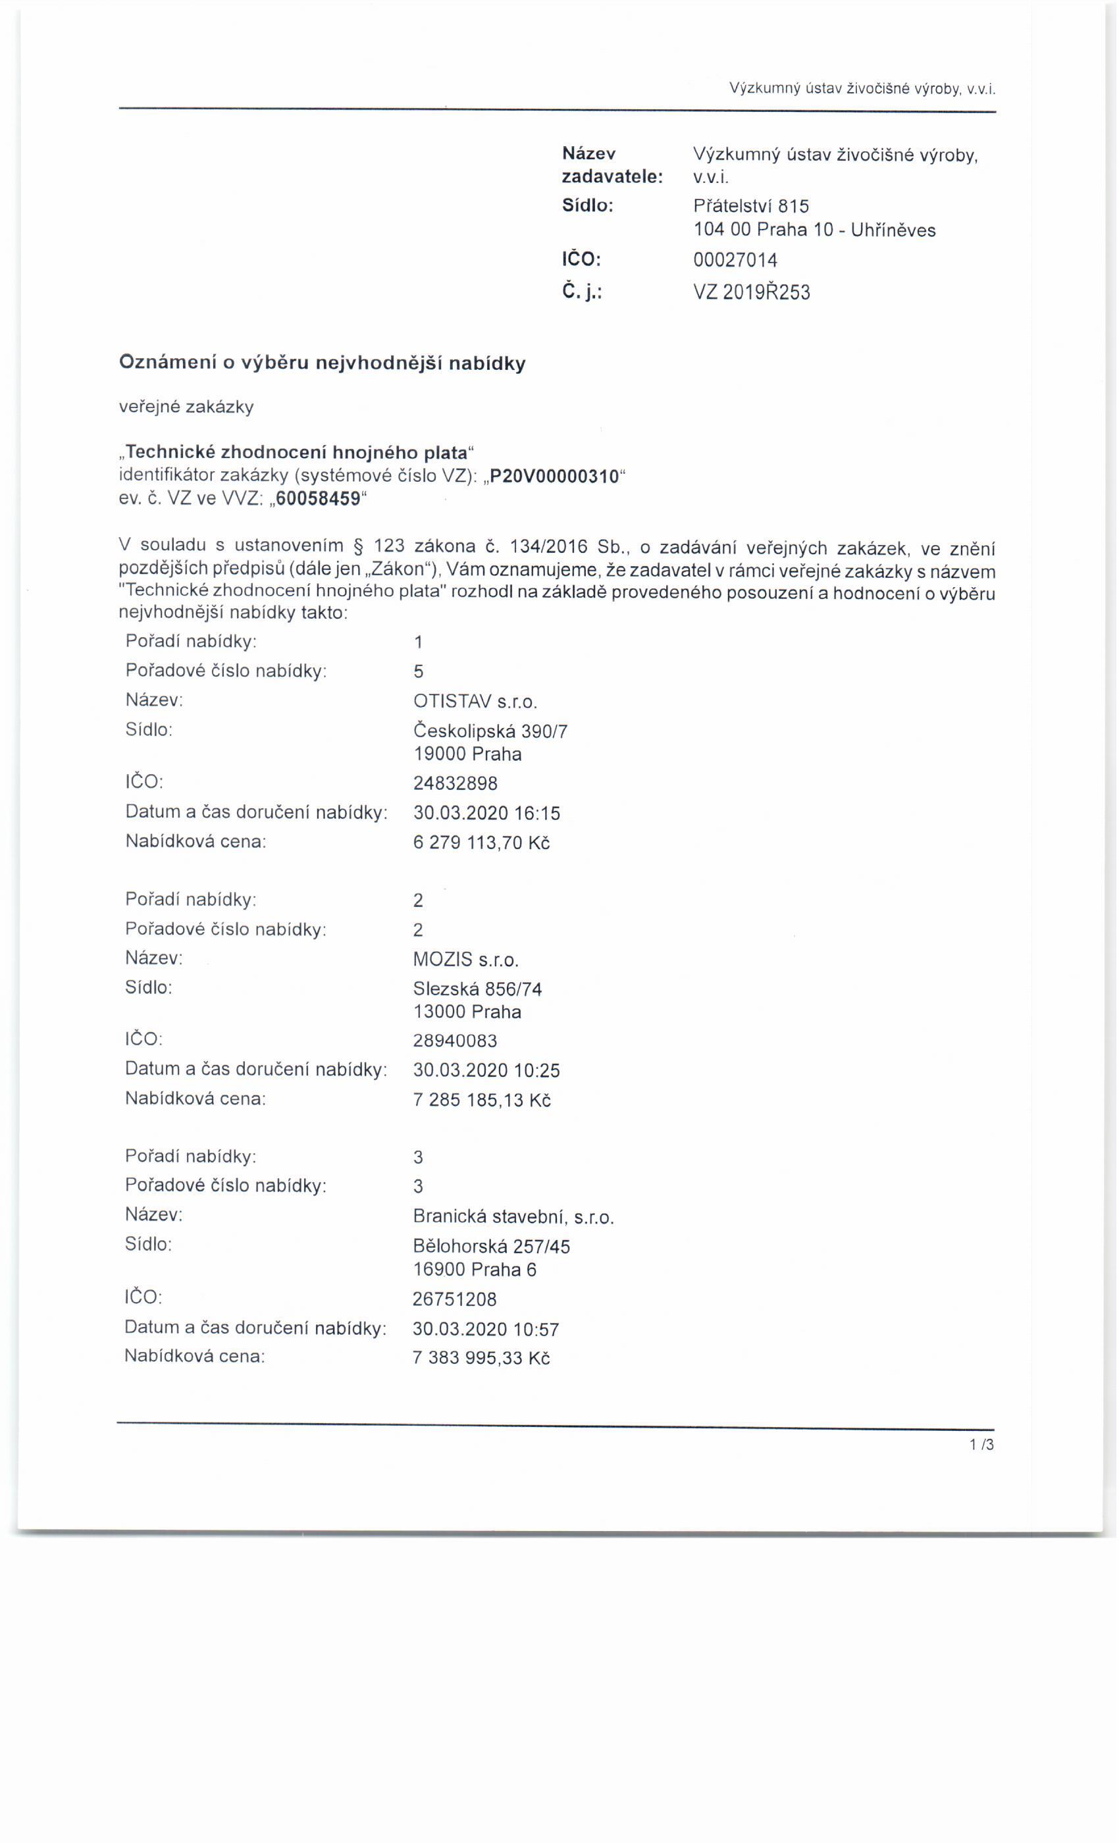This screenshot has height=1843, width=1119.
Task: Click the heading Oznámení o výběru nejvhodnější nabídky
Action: [x=323, y=363]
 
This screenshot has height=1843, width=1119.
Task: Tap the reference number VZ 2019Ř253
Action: [x=752, y=292]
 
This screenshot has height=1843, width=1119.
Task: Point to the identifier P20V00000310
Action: [x=554, y=476]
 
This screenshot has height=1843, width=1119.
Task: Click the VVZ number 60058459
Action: [x=318, y=499]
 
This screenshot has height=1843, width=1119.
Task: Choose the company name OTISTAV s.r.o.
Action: [x=475, y=702]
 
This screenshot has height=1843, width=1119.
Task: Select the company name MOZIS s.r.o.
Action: [x=466, y=960]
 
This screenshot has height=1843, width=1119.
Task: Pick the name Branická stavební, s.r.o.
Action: [x=513, y=1217]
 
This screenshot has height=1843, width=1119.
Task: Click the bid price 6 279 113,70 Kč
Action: [x=482, y=843]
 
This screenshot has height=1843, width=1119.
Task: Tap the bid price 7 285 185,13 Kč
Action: [x=482, y=1101]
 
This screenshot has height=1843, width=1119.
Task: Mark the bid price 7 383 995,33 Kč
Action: [x=481, y=1357]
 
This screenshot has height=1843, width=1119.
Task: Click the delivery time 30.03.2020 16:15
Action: [x=486, y=813]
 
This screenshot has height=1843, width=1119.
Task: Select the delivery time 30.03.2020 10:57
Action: [x=486, y=1328]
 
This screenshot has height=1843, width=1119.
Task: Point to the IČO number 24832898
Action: [x=455, y=783]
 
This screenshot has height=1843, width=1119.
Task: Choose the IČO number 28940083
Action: [x=455, y=1041]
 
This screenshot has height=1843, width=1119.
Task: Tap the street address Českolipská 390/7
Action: [x=490, y=731]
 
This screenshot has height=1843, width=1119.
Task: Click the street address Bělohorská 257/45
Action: [x=492, y=1246]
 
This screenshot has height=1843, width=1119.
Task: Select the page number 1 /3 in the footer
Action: [x=981, y=1445]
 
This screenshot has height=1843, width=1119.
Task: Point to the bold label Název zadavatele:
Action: [x=612, y=165]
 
